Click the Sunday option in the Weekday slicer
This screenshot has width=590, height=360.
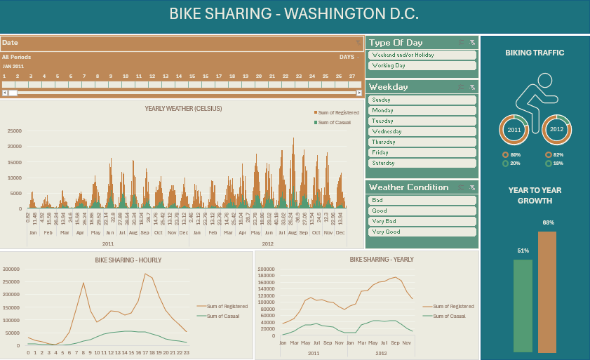(x=422, y=100)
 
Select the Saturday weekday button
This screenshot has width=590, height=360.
(x=422, y=163)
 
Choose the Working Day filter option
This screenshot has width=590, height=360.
(x=422, y=65)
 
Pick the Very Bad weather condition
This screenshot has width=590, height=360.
(x=422, y=221)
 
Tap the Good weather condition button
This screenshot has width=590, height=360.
(x=422, y=211)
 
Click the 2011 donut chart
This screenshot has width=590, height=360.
(x=514, y=130)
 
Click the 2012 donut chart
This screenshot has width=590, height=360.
(x=556, y=130)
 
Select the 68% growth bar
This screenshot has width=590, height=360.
(x=547, y=292)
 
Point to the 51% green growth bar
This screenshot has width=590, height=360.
(x=523, y=305)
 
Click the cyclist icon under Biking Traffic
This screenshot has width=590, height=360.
(x=535, y=98)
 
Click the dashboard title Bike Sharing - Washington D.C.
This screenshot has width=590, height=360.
(x=294, y=13)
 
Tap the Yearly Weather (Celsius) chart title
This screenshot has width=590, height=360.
(x=183, y=109)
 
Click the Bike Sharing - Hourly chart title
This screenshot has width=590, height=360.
(x=128, y=260)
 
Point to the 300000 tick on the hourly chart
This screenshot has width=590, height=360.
(x=11, y=269)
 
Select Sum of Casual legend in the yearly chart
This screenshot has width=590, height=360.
(x=449, y=316)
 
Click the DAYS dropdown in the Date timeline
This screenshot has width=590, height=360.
(x=349, y=57)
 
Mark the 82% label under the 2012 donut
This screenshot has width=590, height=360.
(x=558, y=154)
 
